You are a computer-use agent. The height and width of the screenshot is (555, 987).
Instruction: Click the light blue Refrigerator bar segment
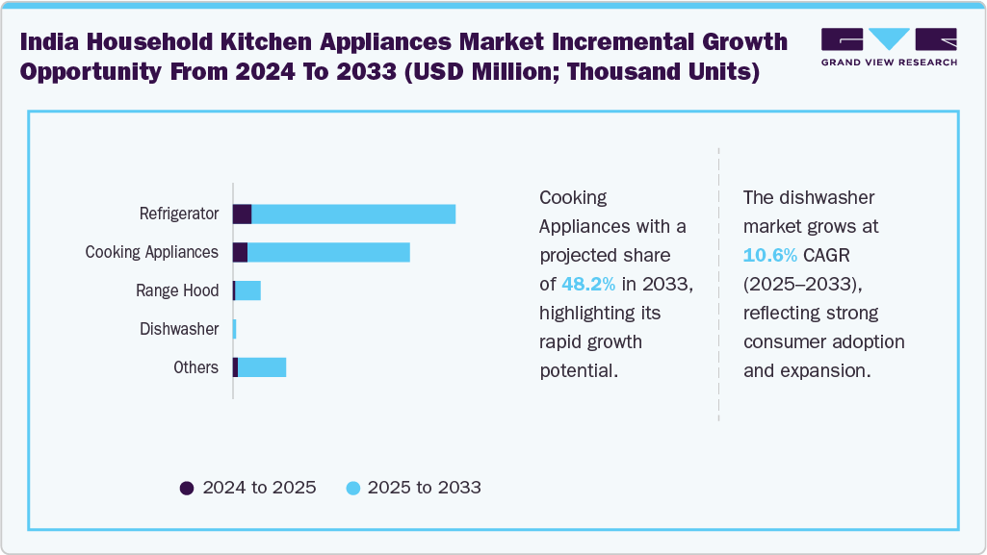(352, 214)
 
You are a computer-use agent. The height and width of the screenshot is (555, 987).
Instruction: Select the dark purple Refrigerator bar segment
(242, 214)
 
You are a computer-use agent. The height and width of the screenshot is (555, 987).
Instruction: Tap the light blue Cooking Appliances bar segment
(328, 252)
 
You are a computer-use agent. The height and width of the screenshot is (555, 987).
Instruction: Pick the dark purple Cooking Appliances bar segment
(240, 252)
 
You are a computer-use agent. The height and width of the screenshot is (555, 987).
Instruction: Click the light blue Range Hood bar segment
(247, 290)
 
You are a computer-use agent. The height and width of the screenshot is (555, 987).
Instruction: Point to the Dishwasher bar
(234, 329)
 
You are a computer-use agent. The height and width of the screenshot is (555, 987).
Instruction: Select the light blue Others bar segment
(262, 367)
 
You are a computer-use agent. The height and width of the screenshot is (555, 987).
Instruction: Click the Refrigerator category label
(178, 214)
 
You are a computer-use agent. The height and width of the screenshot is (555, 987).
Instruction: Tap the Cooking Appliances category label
(151, 252)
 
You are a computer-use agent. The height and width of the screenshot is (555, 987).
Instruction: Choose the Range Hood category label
(177, 290)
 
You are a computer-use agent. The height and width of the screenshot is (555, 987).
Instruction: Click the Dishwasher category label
(178, 329)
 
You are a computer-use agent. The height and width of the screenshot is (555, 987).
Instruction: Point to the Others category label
(195, 367)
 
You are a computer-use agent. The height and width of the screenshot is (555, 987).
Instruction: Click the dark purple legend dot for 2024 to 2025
(187, 488)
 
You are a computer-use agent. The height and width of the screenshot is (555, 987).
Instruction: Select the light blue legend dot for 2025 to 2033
(352, 488)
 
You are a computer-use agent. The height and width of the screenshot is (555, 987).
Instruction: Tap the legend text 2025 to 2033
(423, 488)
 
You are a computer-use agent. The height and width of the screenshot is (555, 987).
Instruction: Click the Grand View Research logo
(888, 47)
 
